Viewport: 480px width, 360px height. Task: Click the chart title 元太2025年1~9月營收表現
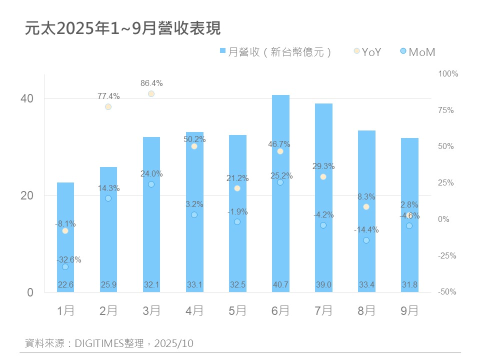point(122,28)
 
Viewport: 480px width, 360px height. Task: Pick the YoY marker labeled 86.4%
point(151,94)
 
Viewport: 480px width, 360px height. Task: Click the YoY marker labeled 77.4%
point(108,106)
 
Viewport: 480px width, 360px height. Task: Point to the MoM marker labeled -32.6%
point(65,267)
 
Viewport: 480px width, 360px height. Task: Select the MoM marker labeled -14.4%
point(366,240)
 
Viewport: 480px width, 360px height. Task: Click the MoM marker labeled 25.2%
point(280,182)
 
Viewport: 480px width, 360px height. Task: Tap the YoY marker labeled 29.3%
point(323,177)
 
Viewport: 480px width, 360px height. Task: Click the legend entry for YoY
point(367,51)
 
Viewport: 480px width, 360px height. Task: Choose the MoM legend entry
point(418,51)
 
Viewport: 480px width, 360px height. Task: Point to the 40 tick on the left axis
point(27,98)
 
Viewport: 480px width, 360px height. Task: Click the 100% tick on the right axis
point(448,74)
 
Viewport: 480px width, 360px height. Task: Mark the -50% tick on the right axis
point(447,292)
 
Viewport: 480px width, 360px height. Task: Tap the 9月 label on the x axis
point(409,311)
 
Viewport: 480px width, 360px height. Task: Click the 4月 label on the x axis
point(194,311)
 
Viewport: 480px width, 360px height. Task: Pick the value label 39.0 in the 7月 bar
point(323,285)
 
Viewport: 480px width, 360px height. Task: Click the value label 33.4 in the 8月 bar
point(366,285)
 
